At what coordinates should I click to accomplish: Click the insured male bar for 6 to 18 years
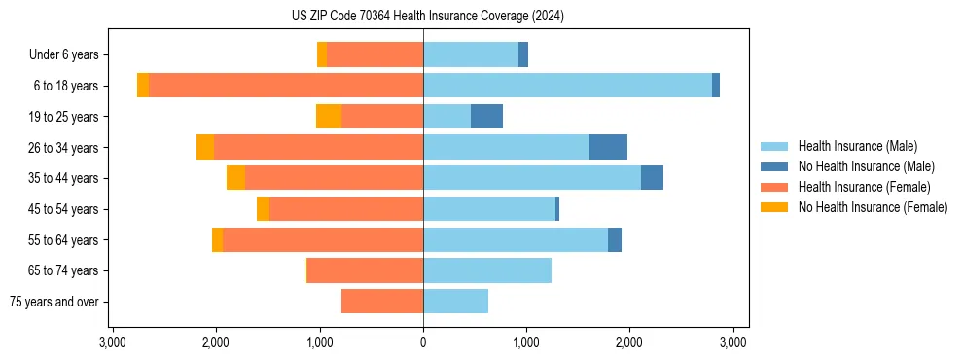pos(567,86)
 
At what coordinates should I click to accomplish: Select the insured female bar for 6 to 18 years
pos(286,86)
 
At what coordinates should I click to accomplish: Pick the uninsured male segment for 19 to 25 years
pos(486,117)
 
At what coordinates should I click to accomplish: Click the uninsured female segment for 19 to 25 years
pos(329,117)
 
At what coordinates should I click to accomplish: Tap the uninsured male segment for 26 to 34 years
pos(608,147)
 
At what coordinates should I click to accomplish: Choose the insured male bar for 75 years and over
pos(455,302)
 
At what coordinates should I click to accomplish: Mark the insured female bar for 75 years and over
pos(382,302)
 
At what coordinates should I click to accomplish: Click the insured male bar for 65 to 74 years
pos(487,270)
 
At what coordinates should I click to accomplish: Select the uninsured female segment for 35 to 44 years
pos(235,178)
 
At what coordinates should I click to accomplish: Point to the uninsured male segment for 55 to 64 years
pos(615,239)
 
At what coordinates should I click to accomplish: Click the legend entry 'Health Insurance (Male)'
pos(857,146)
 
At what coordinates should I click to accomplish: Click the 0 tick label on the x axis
pos(423,342)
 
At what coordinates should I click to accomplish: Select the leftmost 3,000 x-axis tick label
pos(113,342)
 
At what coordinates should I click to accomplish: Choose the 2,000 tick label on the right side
pos(629,342)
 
